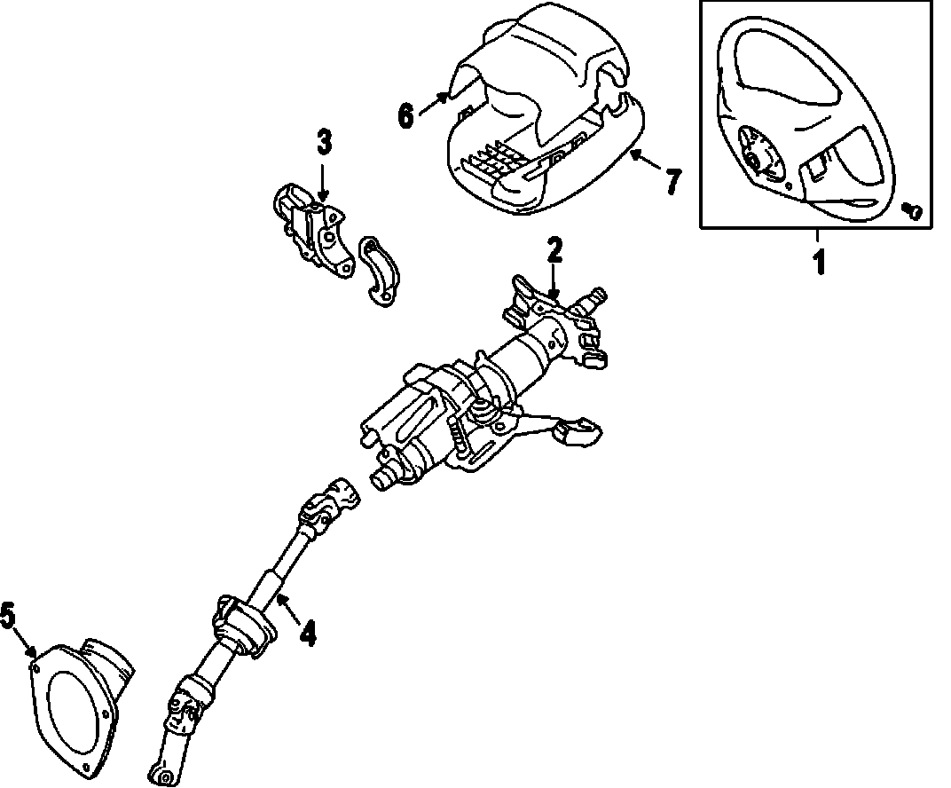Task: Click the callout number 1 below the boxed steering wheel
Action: click(x=819, y=262)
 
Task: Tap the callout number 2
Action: click(x=554, y=251)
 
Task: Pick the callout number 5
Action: click(x=8, y=614)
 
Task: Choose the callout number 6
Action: click(x=405, y=114)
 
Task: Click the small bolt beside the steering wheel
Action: click(x=913, y=210)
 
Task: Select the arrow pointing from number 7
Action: click(x=645, y=163)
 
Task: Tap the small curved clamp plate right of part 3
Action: click(x=379, y=273)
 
